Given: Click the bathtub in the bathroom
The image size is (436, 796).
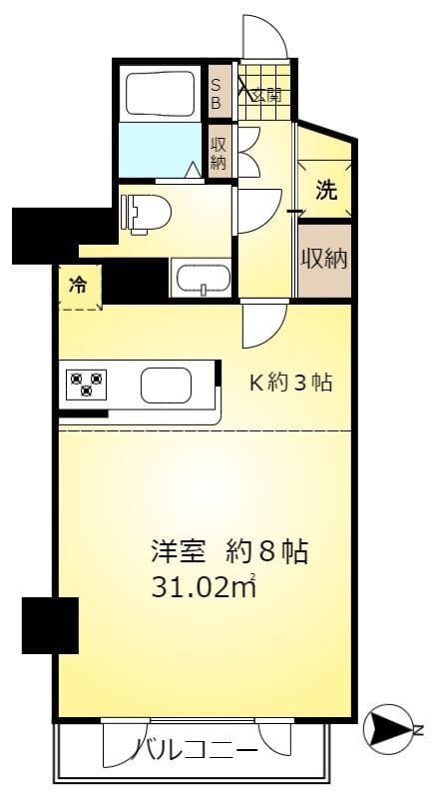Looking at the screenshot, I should pyautogui.click(x=163, y=92).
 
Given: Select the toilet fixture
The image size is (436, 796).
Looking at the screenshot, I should pyautogui.click(x=145, y=212).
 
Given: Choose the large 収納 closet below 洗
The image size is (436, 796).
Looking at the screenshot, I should pyautogui.click(x=325, y=259).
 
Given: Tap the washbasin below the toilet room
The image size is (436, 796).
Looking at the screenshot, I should pyautogui.click(x=202, y=279).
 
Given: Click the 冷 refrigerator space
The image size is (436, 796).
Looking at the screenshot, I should pyautogui.click(x=78, y=286).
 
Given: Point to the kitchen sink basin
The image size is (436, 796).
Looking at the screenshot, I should pyautogui.click(x=166, y=384).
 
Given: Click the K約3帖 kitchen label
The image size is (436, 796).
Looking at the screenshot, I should pyautogui.click(x=290, y=383).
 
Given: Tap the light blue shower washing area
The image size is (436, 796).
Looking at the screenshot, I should pyautogui.click(x=160, y=150).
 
